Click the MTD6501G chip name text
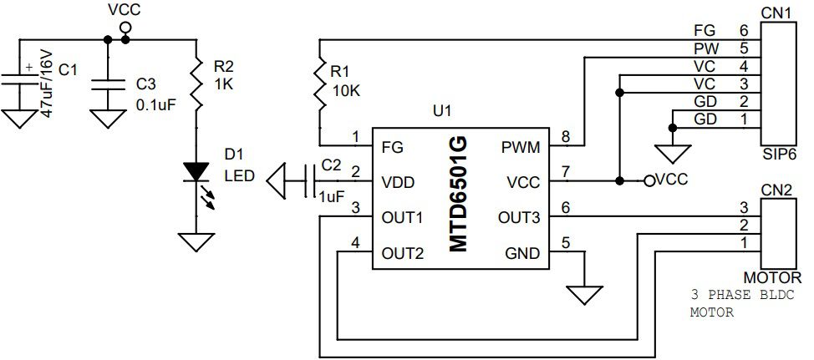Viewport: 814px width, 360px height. (x=458, y=194)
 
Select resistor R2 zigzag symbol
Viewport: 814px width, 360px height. (x=196, y=83)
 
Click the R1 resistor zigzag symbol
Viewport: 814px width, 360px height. (x=320, y=83)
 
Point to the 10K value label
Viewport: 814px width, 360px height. (x=346, y=90)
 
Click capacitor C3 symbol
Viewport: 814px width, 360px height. (x=108, y=86)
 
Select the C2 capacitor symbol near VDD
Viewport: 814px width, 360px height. (x=310, y=181)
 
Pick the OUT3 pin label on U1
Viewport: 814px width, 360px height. (x=519, y=217)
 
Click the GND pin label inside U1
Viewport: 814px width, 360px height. (x=522, y=254)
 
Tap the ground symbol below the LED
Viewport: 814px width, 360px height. (x=196, y=242)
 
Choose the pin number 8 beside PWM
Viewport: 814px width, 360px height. (x=565, y=137)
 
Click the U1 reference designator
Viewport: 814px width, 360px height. (x=442, y=111)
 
